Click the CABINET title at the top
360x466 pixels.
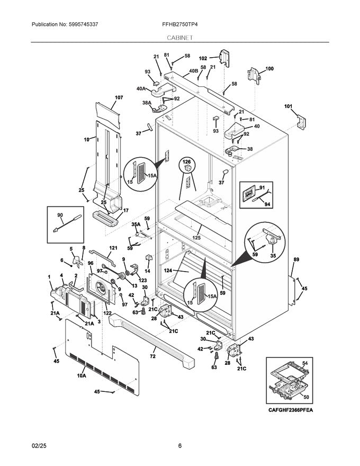point(179,38)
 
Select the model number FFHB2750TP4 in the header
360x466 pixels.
point(179,24)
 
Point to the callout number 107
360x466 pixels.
point(119,97)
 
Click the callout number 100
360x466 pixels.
point(269,69)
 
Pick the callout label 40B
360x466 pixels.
point(193,71)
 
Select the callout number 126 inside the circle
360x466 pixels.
point(186,161)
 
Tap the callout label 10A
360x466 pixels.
point(82,375)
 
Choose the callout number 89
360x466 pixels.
point(296,259)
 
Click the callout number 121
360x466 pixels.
point(113,248)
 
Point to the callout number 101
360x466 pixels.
point(288,106)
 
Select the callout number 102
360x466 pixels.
point(203,58)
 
